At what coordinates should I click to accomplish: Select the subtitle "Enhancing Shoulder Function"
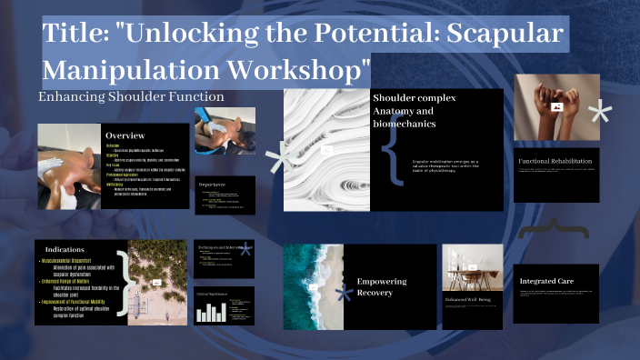pyautogui.click(x=131, y=96)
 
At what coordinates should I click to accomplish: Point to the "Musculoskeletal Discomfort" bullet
pyautogui.click(x=78, y=262)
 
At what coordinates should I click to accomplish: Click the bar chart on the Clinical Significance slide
pyautogui.click(x=211, y=312)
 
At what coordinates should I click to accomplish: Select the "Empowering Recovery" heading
pyautogui.click(x=382, y=288)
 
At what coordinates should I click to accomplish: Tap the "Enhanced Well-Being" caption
pyautogui.click(x=467, y=298)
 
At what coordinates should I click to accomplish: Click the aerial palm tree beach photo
pyautogui.click(x=158, y=282)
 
